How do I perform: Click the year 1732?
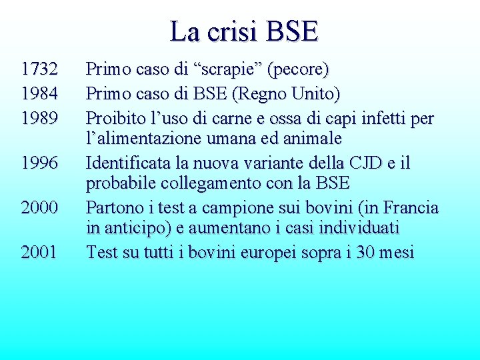(39, 69)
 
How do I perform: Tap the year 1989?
(39, 119)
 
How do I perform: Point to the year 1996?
(39, 163)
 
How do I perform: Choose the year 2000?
(39, 207)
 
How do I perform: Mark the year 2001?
(39, 252)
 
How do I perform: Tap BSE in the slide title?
(291, 31)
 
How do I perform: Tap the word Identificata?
(128, 163)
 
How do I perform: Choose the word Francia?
(411, 207)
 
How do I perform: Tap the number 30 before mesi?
(366, 252)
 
